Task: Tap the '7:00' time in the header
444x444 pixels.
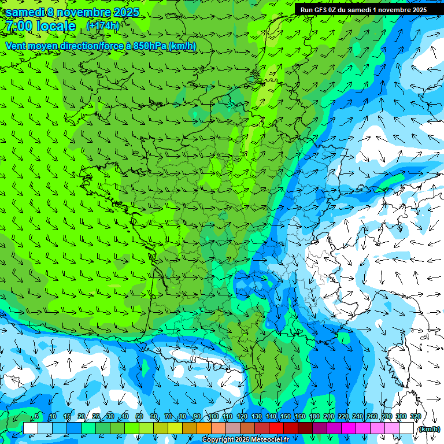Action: pos(18,26)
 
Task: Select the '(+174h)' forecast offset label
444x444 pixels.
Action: pos(102,25)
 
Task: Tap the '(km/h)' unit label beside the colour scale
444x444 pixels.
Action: pos(428,429)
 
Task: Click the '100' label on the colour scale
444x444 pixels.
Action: pos(213,416)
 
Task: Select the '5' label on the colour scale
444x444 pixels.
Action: pos(36,416)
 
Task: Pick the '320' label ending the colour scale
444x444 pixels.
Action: pos(416,416)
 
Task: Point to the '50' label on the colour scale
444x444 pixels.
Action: pos(139,416)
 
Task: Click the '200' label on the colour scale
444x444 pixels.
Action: pos(329,416)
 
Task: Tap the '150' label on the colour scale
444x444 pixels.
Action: pos(286,416)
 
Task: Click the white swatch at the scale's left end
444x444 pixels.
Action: pos(31,428)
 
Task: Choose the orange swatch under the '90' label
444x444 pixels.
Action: pos(203,428)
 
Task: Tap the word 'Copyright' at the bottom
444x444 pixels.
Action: pos(219,440)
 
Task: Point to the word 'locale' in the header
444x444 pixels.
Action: pos(56,26)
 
